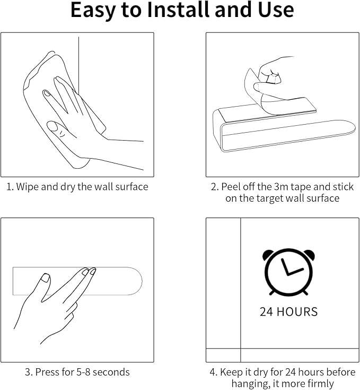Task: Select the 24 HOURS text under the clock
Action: coord(288,311)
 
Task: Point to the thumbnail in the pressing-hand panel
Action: coord(45,278)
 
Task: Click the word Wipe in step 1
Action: coord(28,187)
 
